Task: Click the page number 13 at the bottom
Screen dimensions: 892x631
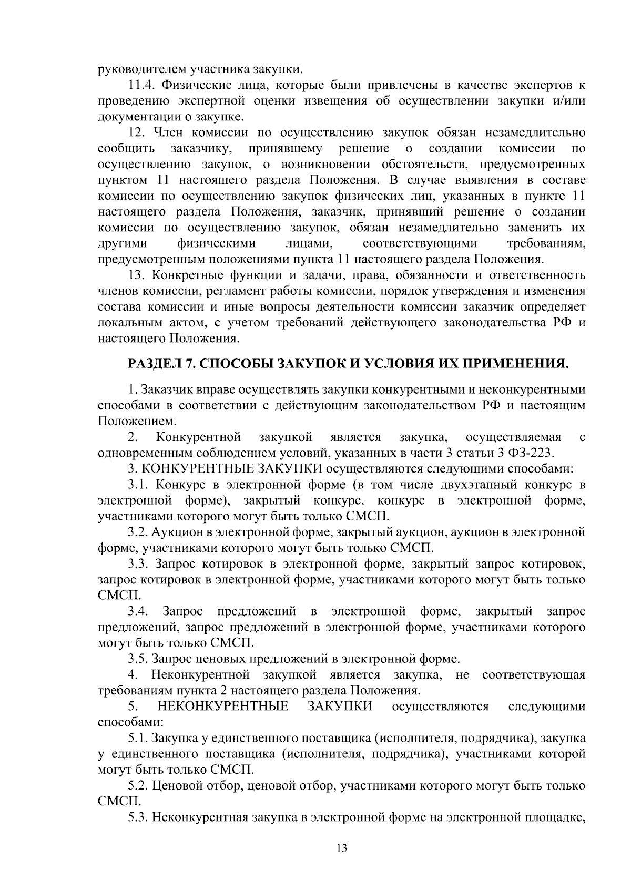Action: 342,848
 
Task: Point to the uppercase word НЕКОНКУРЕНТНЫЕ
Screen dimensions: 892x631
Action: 223,706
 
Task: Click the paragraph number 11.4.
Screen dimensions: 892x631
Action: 141,85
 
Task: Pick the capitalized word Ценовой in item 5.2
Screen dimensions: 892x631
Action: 178,786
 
